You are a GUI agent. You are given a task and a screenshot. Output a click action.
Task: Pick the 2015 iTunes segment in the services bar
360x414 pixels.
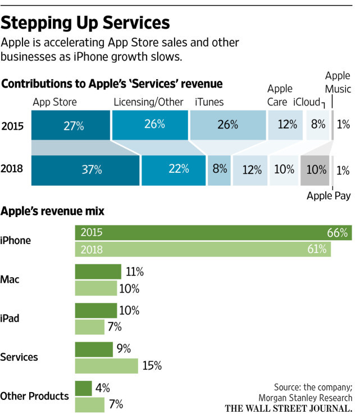coord(227,125)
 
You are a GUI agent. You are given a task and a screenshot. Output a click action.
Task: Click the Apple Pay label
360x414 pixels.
coord(329,196)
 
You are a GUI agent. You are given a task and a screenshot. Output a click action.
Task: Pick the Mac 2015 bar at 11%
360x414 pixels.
coord(98,272)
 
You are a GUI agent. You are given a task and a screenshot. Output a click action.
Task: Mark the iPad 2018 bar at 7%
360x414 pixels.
coord(90,327)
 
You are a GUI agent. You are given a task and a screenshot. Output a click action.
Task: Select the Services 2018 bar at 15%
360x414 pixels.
coord(106,366)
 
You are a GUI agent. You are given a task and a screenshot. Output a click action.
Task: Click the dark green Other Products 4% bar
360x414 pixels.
coord(83,388)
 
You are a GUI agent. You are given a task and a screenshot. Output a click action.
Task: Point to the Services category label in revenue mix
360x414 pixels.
coord(19,357)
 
